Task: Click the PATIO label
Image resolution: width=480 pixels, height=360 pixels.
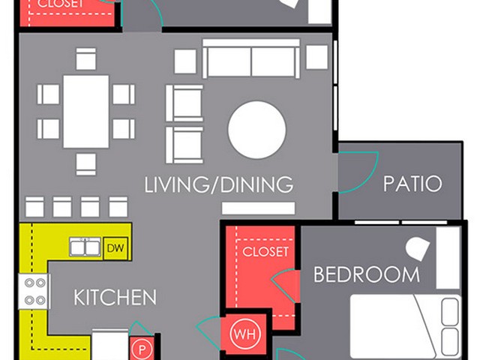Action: (x=412, y=183)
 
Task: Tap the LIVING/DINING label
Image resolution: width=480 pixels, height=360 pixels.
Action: (x=218, y=184)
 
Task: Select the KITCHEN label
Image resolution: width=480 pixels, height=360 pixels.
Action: (x=115, y=297)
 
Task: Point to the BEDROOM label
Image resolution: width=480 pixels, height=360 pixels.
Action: (x=367, y=274)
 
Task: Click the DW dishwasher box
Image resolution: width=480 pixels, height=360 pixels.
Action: (x=115, y=248)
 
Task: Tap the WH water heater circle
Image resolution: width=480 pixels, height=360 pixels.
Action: (x=245, y=334)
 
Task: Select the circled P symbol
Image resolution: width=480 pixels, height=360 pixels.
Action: (x=142, y=349)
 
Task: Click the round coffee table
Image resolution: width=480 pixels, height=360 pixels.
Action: (x=256, y=130)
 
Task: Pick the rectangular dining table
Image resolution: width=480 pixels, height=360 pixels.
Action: (x=86, y=112)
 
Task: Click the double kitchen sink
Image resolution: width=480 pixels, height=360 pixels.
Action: (x=85, y=247)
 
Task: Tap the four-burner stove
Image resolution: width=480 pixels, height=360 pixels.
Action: (x=34, y=292)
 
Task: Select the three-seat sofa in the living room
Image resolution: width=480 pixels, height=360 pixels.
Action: (x=251, y=58)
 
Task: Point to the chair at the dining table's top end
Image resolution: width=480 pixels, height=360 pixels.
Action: (x=86, y=58)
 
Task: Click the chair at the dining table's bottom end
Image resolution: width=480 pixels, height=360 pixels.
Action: (x=86, y=165)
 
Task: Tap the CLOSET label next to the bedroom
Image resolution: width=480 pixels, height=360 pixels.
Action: (x=265, y=252)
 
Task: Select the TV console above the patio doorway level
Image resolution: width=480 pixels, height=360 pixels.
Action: (x=258, y=208)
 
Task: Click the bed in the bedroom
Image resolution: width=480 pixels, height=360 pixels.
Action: (x=405, y=327)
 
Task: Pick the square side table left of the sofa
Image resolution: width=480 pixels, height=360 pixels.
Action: (x=185, y=61)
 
